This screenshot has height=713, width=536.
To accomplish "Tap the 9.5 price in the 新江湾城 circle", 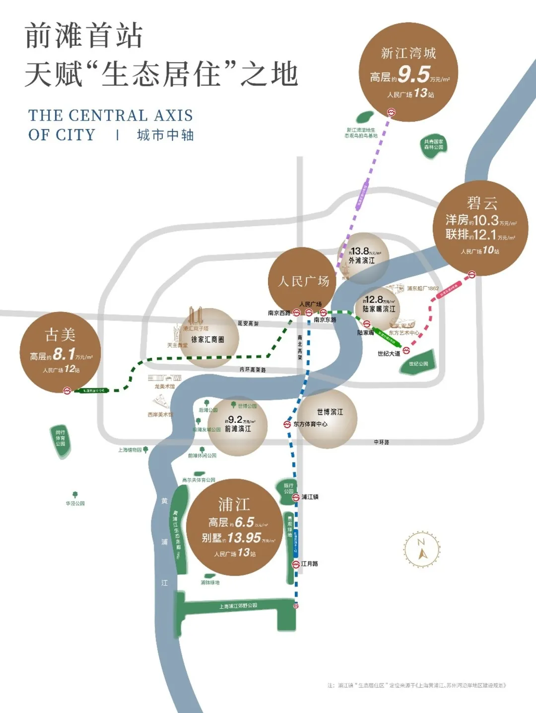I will tap(413, 75).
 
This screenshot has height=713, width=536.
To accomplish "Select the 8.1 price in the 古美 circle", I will tap(64, 354).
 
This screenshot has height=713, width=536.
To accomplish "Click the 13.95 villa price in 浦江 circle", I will tap(244, 538).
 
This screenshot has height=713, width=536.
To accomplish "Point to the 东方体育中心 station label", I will tap(310, 424).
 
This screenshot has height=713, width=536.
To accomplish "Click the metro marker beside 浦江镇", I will tap(296, 497).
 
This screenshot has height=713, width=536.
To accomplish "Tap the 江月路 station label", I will tap(310, 564).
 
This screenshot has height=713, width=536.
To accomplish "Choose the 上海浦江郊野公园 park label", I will tap(238, 606).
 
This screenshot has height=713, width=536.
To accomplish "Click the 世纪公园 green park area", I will tap(420, 364).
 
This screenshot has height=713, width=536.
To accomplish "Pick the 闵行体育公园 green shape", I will tap(61, 439).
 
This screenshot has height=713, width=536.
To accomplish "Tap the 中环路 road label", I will tap(381, 442).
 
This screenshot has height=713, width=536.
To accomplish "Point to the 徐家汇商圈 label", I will tap(207, 340).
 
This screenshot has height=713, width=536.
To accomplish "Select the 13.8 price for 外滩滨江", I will tap(360, 251).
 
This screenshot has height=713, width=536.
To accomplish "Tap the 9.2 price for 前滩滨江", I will tap(235, 420).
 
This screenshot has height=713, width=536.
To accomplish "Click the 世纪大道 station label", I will tap(389, 354).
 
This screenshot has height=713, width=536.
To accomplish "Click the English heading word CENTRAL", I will tap(108, 116).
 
